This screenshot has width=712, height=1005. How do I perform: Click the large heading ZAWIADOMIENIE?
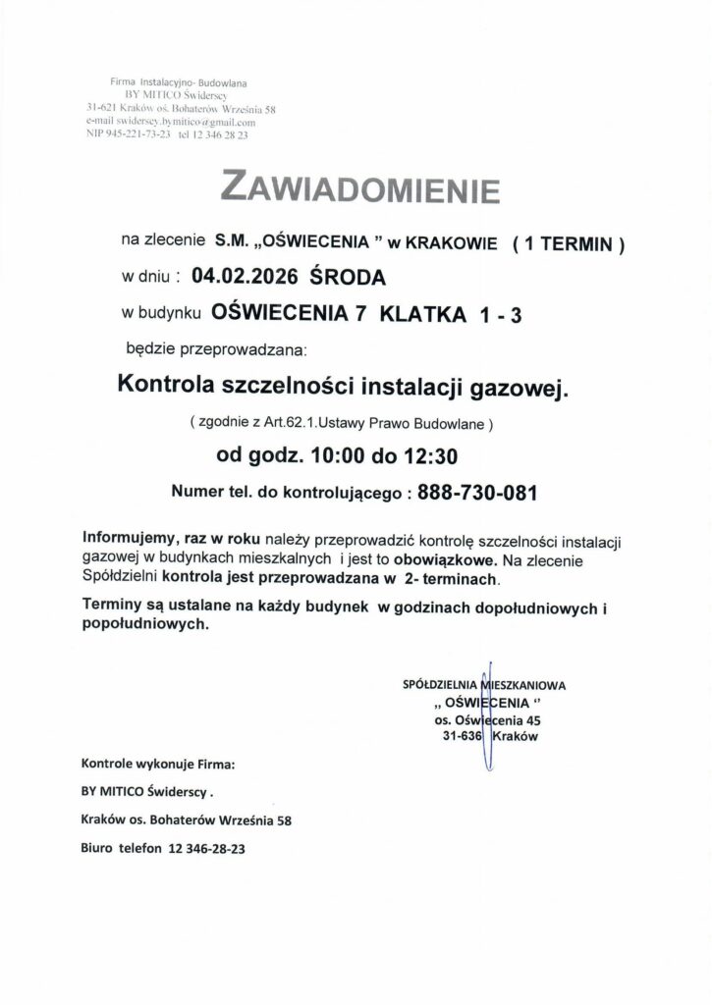(361, 187)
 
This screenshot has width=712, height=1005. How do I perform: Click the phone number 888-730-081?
(476, 494)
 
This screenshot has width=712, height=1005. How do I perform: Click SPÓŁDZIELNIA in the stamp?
(440, 684)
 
